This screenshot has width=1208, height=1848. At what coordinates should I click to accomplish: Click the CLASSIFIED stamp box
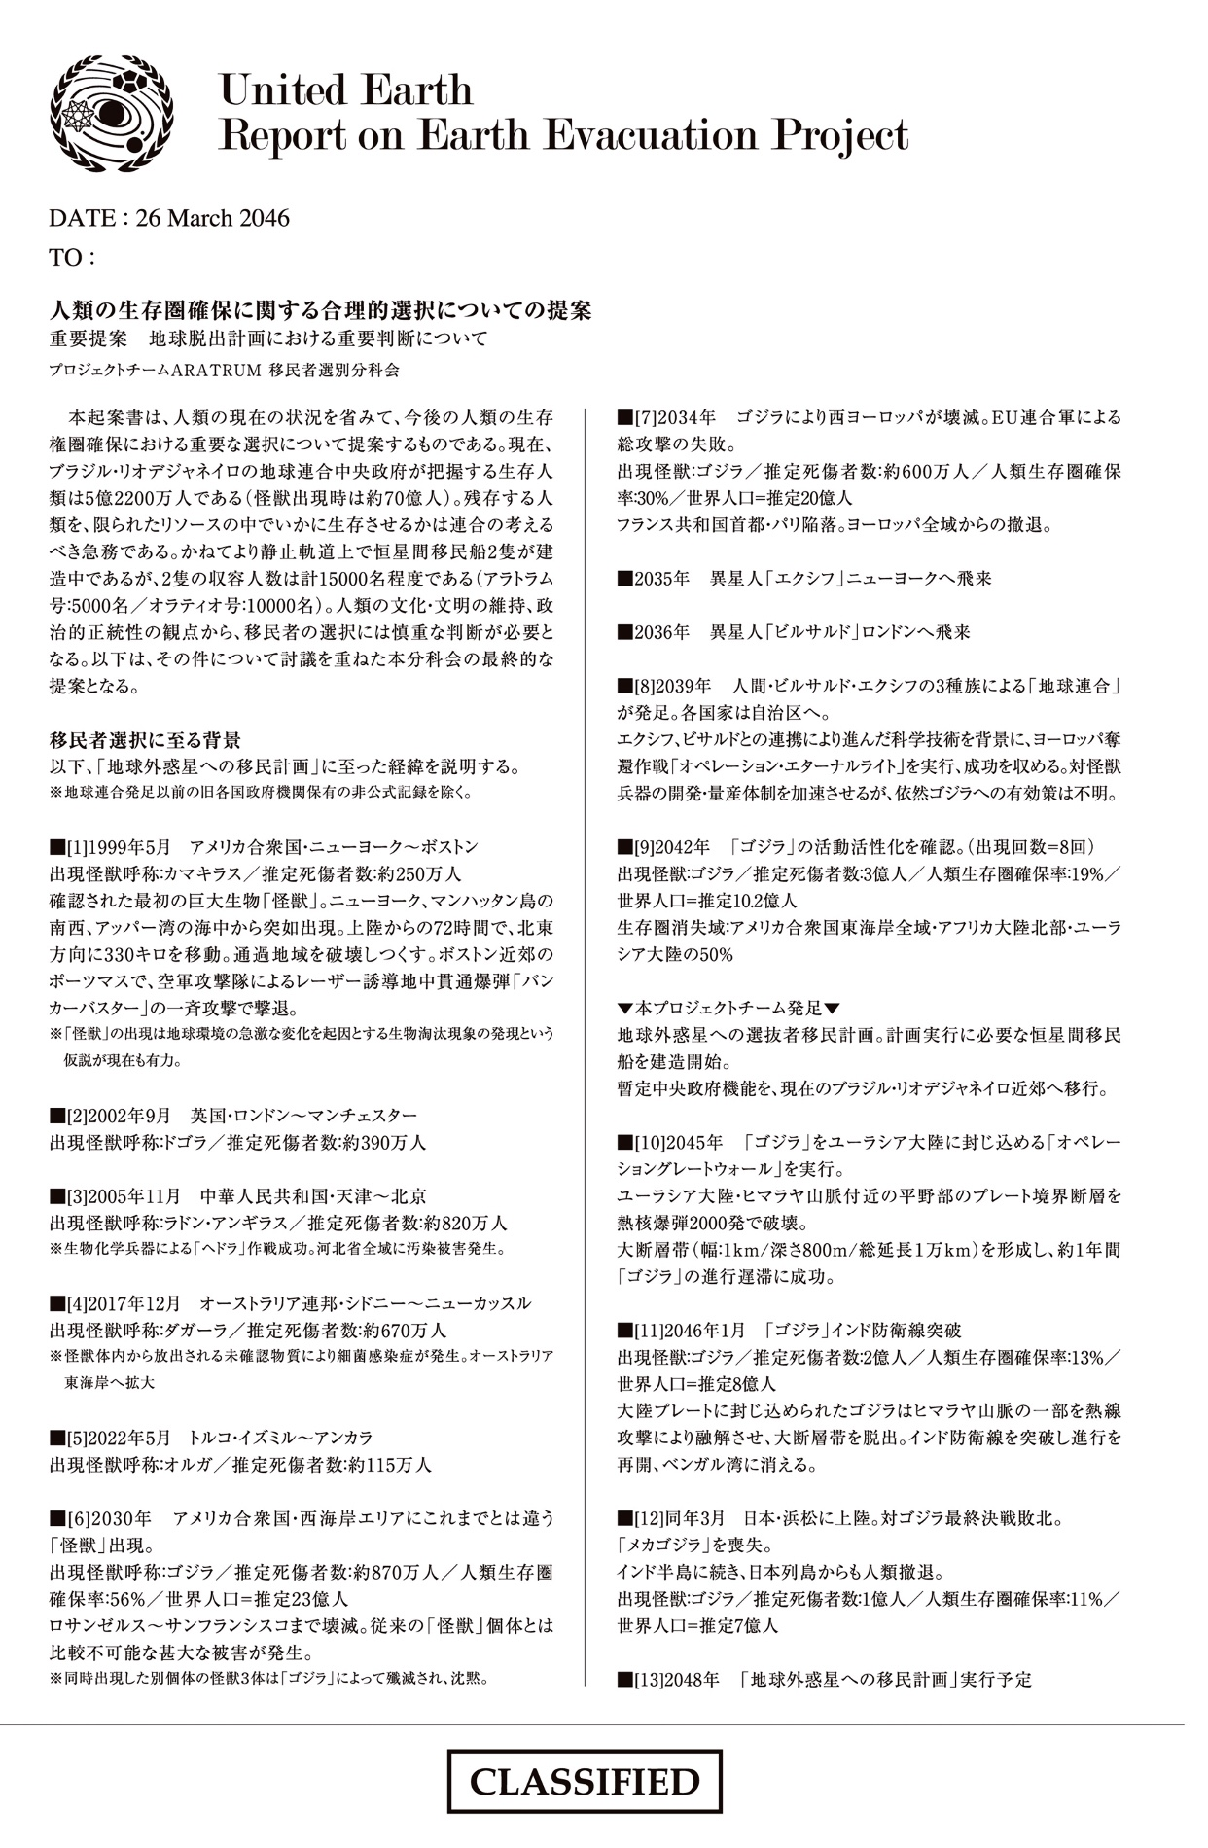pyautogui.click(x=585, y=1782)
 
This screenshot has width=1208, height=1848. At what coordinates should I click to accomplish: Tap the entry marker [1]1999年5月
pyautogui.click(x=110, y=847)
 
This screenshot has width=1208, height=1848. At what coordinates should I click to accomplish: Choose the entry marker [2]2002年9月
pyautogui.click(x=110, y=1116)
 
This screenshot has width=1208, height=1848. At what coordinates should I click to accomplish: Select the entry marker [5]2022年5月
pyautogui.click(x=110, y=1438)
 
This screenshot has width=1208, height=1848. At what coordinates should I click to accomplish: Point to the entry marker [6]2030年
pyautogui.click(x=101, y=1518)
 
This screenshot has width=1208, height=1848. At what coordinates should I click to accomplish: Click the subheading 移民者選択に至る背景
pyautogui.click(x=145, y=740)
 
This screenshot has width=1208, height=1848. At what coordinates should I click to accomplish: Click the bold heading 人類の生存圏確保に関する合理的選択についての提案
pyautogui.click(x=320, y=311)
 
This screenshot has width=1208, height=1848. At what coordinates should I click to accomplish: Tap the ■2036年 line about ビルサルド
pyautogui.click(x=795, y=632)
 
